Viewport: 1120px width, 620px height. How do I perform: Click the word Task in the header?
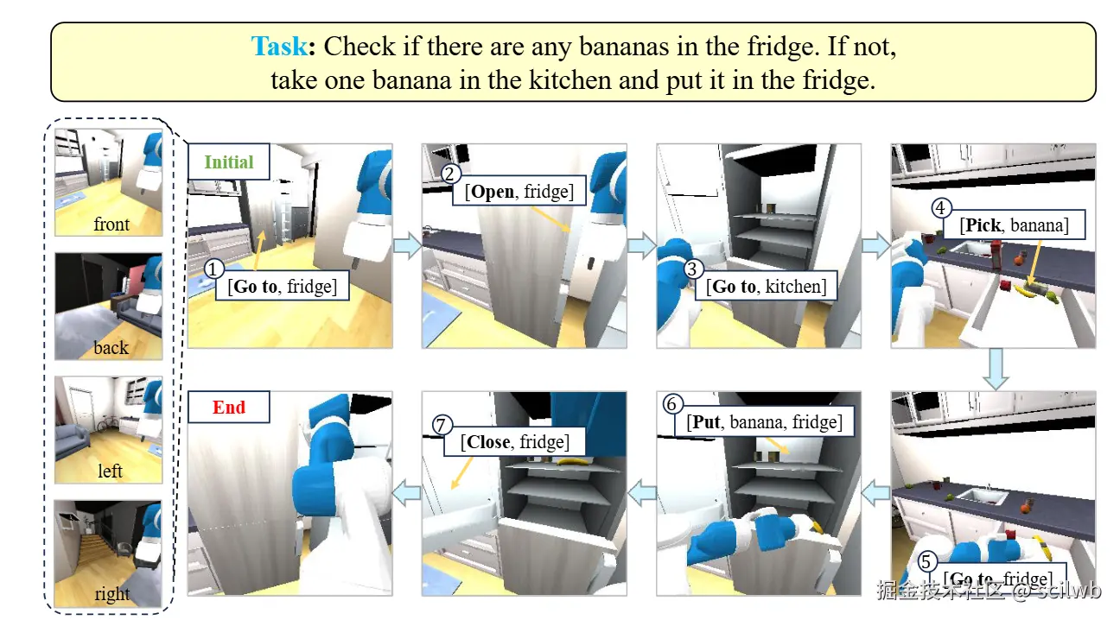coord(278,47)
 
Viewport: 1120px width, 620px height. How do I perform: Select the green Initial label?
coord(228,161)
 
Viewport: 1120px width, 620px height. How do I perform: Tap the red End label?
coord(228,408)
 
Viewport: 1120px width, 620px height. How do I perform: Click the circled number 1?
coord(213,269)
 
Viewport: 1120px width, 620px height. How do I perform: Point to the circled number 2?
coord(450,174)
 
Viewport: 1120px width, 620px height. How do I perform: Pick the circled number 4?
coord(940,208)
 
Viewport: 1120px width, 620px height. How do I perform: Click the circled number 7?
coord(441,425)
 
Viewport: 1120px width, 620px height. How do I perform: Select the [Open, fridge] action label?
coord(519,192)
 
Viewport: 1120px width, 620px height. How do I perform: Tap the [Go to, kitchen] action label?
coord(766,287)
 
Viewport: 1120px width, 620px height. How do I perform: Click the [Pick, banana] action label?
coord(1014,225)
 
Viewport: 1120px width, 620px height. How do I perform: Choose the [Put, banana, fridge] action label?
coord(764,422)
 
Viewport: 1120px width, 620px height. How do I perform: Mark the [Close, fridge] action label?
coord(514,441)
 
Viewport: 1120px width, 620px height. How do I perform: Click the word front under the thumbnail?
coord(111,225)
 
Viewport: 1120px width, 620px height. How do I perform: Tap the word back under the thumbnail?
coord(111,347)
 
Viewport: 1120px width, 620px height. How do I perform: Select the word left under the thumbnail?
coord(110,471)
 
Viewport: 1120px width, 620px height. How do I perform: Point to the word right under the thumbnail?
coord(112,594)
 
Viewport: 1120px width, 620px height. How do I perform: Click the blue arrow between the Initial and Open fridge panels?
coord(408,245)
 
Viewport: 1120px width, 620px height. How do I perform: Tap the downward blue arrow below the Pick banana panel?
coord(996,370)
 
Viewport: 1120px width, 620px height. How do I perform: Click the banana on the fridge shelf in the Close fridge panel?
coord(570,462)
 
